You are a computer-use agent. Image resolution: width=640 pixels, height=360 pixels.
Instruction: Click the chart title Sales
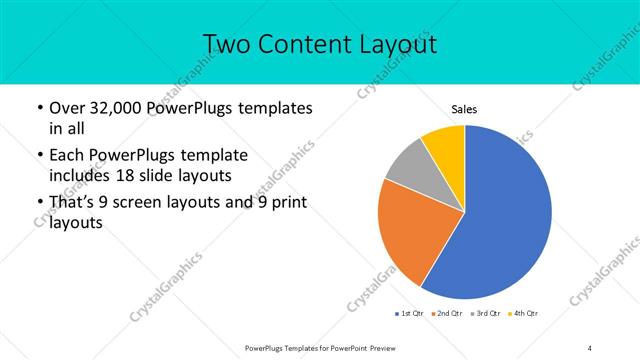tap(464, 108)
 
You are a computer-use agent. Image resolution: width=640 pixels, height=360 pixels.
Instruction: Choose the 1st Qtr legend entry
tap(410, 314)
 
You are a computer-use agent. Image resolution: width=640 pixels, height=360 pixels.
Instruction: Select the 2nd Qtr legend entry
tap(448, 314)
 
